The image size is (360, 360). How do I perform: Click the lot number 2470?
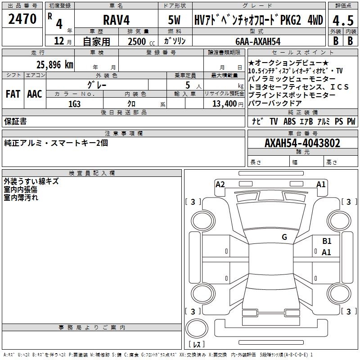22,19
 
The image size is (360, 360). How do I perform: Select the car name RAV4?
117,20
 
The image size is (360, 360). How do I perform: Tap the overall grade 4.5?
343,20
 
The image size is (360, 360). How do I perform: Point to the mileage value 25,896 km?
55,65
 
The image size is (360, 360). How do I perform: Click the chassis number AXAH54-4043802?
302,143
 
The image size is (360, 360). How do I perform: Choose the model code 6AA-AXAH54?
258,41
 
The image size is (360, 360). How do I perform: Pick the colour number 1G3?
74,104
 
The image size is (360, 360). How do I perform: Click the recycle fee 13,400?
224,104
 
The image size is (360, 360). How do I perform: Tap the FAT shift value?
13,94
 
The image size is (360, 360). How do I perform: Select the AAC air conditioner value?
35,94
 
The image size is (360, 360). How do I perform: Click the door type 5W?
174,20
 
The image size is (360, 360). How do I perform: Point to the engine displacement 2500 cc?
141,41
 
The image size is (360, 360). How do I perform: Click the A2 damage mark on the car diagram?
220,184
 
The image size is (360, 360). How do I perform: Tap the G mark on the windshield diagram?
284,237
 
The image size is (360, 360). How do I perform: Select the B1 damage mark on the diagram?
327,241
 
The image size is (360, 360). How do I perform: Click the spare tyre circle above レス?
197,328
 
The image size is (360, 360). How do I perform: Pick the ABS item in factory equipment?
289,121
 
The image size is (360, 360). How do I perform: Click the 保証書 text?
15,121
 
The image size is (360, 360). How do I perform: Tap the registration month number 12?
59,41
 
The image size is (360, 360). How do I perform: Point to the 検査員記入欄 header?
92,173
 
